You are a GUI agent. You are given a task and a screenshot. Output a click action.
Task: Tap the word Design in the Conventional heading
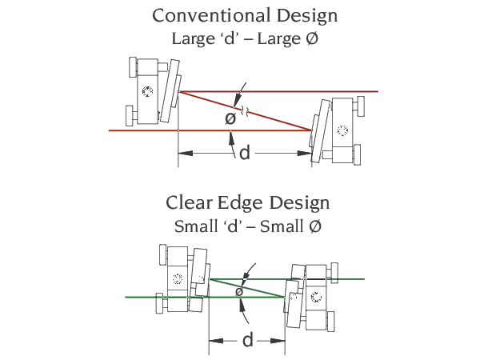(302, 15)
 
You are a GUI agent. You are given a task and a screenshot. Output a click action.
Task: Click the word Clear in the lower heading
(190, 203)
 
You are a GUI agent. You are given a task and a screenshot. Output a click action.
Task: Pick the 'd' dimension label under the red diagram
(244, 152)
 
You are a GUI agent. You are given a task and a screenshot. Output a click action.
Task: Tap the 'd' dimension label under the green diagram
(247, 340)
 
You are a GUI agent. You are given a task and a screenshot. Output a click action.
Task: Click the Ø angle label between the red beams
(230, 118)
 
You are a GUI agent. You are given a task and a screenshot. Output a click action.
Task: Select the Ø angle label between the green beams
(238, 292)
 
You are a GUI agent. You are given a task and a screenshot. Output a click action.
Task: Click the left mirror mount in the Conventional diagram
(152, 91)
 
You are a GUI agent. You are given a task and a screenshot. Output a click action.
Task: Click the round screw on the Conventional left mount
(146, 91)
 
